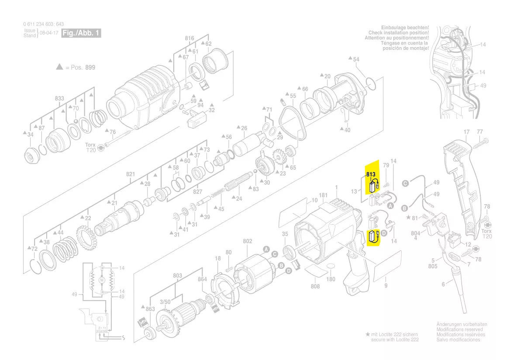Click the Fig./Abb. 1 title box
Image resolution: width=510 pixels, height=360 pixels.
click(x=82, y=33)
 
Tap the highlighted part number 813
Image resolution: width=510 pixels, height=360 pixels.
click(x=371, y=174)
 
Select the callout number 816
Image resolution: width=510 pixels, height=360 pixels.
click(x=189, y=38)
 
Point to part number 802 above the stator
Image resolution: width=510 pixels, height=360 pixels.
click(x=248, y=241)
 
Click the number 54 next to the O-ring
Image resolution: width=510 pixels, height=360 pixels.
click(x=356, y=59)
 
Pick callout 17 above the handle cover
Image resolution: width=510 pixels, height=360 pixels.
click(x=466, y=132)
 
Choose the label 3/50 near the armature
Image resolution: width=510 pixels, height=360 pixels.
click(x=165, y=302)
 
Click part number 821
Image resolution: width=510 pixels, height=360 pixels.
click(x=131, y=174)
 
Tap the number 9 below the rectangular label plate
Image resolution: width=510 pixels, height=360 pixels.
click(x=386, y=286)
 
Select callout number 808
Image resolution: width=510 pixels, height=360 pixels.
click(x=315, y=286)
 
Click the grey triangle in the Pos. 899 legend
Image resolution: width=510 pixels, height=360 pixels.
click(x=59, y=67)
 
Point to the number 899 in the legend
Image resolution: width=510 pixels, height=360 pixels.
click(x=90, y=68)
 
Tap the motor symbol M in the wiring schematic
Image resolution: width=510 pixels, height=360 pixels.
click(x=102, y=279)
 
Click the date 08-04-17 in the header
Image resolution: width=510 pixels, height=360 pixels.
click(x=49, y=33)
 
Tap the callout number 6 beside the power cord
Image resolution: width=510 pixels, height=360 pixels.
click(x=443, y=285)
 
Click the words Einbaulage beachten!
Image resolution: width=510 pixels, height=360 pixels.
click(x=405, y=27)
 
